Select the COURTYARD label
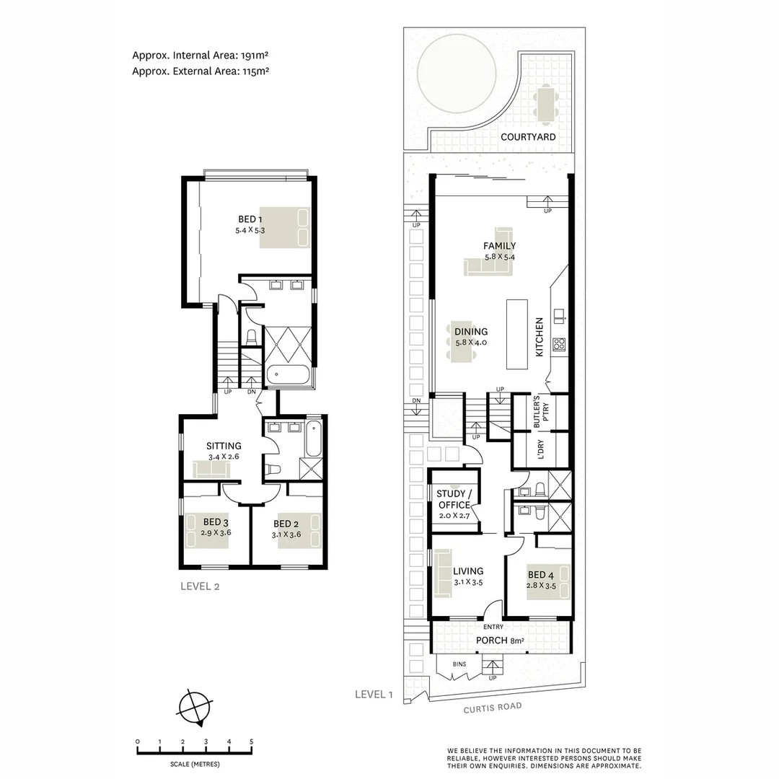coord(528,136)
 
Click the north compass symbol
coord(196,706)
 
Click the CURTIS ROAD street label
coord(492,708)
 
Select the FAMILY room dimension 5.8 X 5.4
coord(499,257)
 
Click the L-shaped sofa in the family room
coord(488,267)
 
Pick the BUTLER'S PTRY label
coord(540,413)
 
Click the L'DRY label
coord(541,451)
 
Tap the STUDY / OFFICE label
coord(454,499)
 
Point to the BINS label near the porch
coord(459,664)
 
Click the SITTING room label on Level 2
coord(224,446)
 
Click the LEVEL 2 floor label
coord(200,586)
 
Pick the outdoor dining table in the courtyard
coord(546,103)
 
